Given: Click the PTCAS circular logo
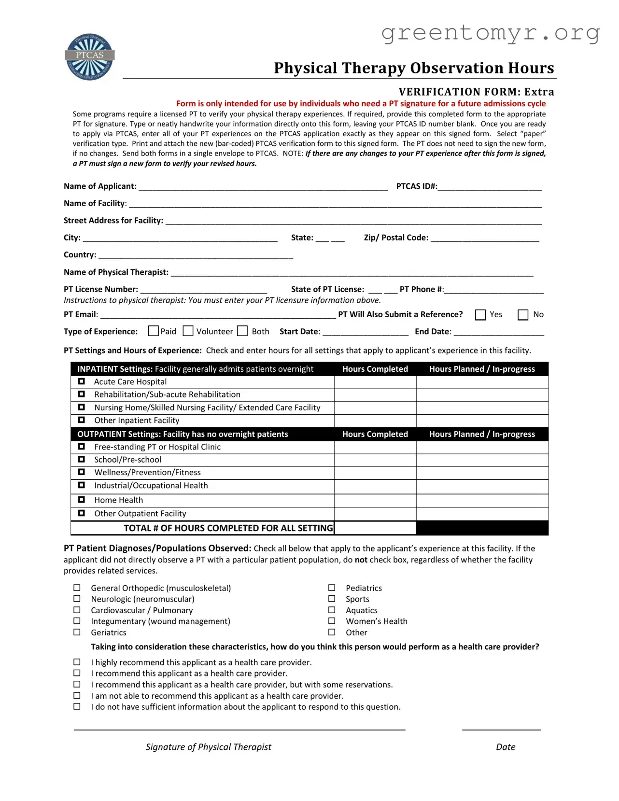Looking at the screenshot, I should (x=90, y=57).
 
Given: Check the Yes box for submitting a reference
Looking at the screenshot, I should (x=480, y=315).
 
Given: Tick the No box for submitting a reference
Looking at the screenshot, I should (x=523, y=315).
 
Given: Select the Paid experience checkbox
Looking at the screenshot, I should (x=154, y=331).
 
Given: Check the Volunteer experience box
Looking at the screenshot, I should (x=188, y=331).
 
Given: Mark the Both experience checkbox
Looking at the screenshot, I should (x=243, y=331).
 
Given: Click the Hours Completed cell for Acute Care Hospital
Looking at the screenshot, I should (x=375, y=382).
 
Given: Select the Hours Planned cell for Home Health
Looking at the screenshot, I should (x=482, y=500).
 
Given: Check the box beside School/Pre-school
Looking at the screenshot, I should (x=82, y=459).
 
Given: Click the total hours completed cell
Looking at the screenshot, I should (x=375, y=528).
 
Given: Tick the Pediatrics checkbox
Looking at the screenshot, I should (x=332, y=588).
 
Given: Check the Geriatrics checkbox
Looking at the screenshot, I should (x=77, y=632).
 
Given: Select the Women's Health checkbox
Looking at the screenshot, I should (x=332, y=621).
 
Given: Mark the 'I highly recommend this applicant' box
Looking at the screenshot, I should (x=77, y=662).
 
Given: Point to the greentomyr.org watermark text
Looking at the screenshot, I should (x=490, y=33).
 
